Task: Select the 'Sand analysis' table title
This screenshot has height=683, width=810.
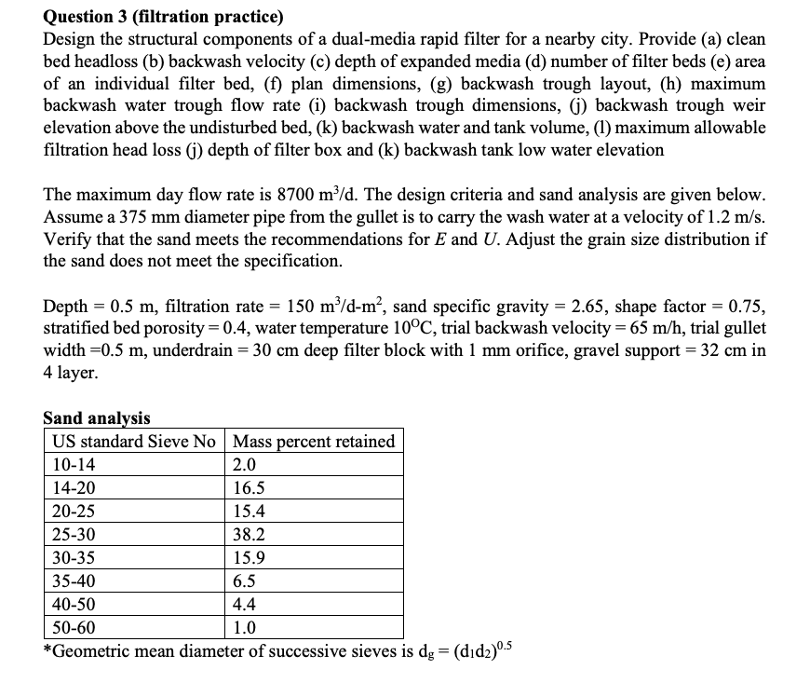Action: click(97, 418)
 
